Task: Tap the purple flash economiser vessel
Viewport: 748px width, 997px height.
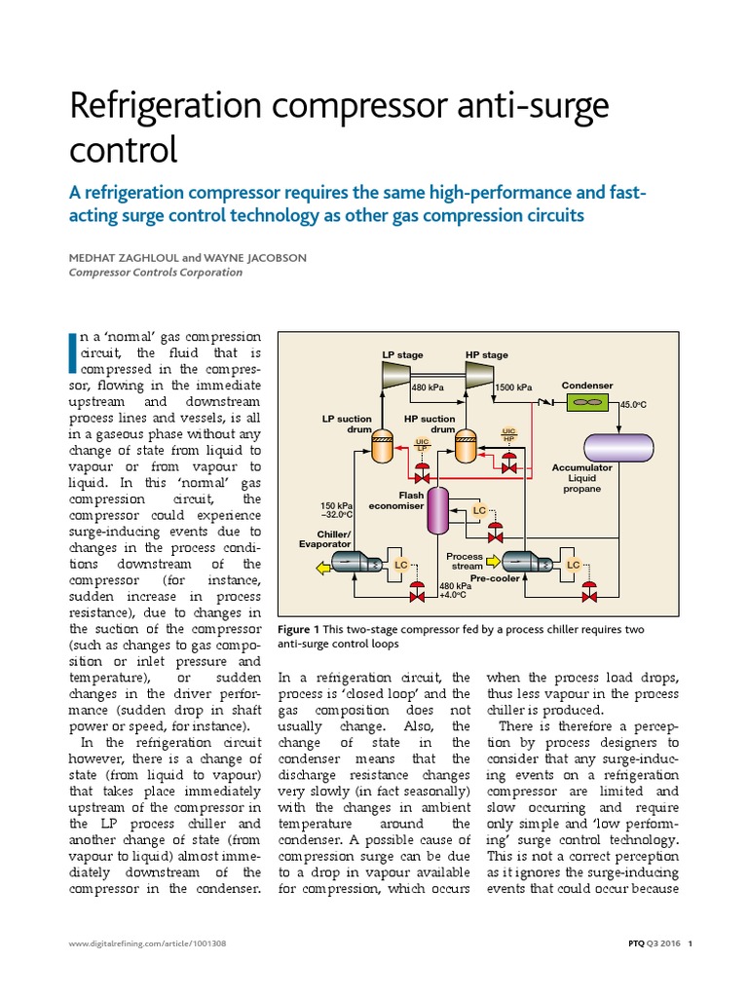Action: (x=439, y=508)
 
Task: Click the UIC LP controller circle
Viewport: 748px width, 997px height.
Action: (x=423, y=445)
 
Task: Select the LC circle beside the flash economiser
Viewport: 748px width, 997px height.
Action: (x=478, y=510)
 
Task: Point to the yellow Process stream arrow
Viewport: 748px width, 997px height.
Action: (x=492, y=561)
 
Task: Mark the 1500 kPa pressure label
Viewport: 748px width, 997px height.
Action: (x=513, y=388)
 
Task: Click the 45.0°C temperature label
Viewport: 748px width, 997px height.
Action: (x=634, y=404)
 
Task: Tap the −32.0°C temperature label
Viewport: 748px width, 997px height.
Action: (x=337, y=515)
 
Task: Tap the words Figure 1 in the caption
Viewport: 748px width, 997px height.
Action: (x=299, y=629)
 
